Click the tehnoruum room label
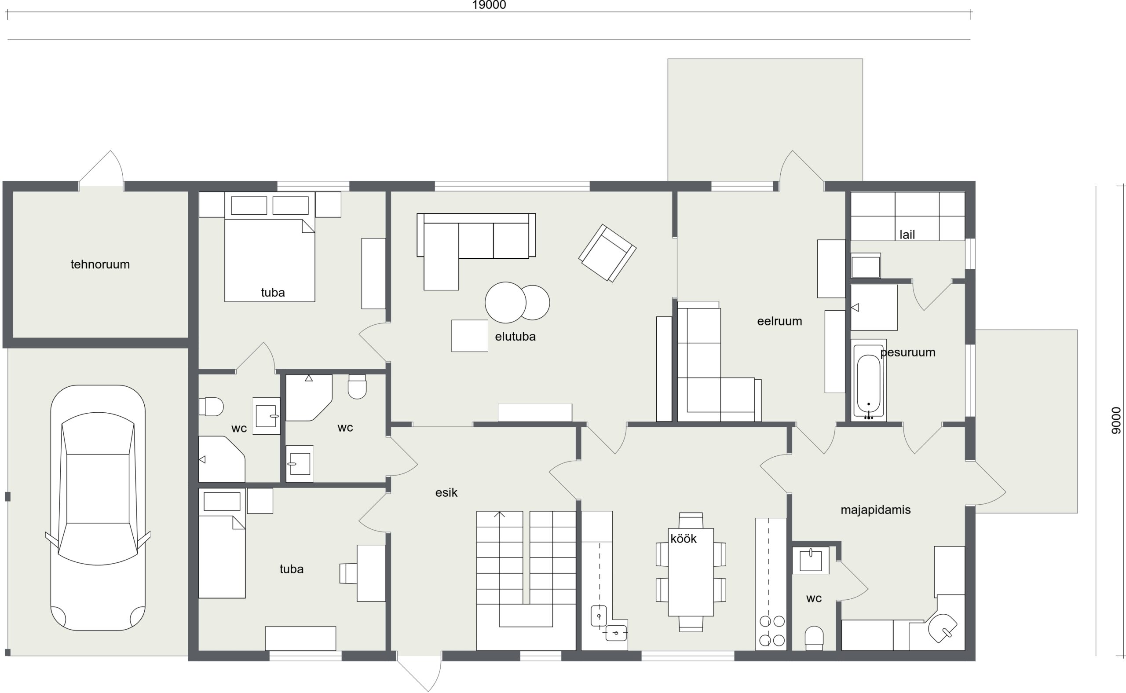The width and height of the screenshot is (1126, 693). pyautogui.click(x=100, y=264)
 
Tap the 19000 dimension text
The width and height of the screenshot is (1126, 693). pyautogui.click(x=489, y=5)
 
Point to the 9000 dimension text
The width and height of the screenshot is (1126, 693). pyautogui.click(x=1116, y=420)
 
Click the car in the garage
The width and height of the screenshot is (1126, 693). pyautogui.click(x=98, y=508)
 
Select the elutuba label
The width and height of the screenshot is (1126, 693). pyautogui.click(x=515, y=337)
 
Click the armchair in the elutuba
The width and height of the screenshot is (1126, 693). pyautogui.click(x=607, y=253)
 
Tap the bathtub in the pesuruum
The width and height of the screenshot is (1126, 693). pyautogui.click(x=869, y=381)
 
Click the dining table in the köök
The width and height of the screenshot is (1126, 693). pyautogui.click(x=691, y=572)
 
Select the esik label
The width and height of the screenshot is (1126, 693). pyautogui.click(x=446, y=493)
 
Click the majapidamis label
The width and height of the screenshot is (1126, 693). pyautogui.click(x=875, y=510)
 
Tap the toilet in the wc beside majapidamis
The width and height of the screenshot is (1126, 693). pyautogui.click(x=814, y=638)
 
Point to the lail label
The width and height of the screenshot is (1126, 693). pyautogui.click(x=907, y=235)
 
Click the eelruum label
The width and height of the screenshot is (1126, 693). pyautogui.click(x=779, y=321)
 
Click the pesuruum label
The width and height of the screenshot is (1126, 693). pyautogui.click(x=907, y=352)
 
